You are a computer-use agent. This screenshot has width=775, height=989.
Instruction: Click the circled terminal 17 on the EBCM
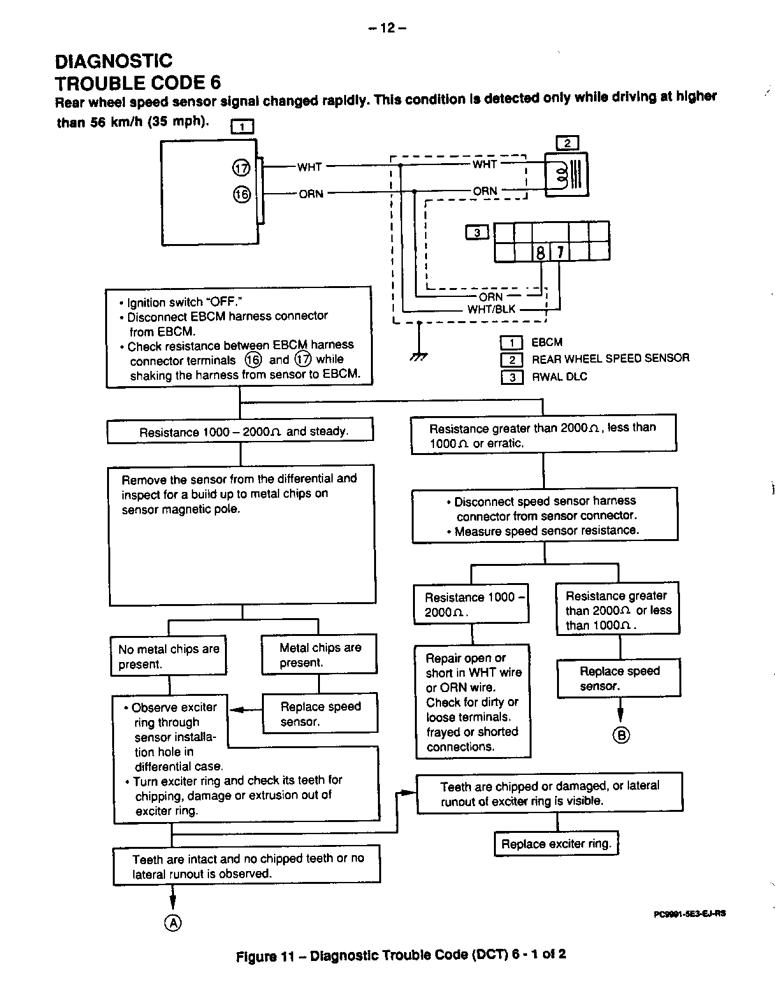pos(241,168)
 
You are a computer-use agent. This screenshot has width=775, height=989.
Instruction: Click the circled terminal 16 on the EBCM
pos(242,194)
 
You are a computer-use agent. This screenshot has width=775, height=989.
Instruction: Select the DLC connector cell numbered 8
pos(540,252)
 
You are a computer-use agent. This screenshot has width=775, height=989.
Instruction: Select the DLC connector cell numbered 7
pos(559,252)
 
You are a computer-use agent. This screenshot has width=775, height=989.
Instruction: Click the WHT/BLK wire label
pos(491,310)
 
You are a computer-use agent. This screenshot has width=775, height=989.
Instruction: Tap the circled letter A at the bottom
pos(173,922)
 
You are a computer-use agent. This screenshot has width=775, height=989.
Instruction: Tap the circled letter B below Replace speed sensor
pos(621,735)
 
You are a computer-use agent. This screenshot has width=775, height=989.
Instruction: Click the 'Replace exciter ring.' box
pos(556,844)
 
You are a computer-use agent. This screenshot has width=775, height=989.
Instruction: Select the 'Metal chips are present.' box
pos(319,655)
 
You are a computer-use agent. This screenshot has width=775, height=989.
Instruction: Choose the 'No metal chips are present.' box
pos(168,656)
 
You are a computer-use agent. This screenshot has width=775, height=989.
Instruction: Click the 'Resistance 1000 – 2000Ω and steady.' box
pos(240,431)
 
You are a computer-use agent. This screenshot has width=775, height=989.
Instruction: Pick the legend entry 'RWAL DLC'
pos(559,377)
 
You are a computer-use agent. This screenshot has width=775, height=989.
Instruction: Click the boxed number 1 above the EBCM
pos(242,127)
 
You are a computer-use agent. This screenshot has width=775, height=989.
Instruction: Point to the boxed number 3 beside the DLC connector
pos(477,233)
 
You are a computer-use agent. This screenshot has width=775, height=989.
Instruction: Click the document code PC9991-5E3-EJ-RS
pos(690,913)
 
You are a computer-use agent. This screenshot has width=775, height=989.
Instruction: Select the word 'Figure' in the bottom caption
pos(257,956)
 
